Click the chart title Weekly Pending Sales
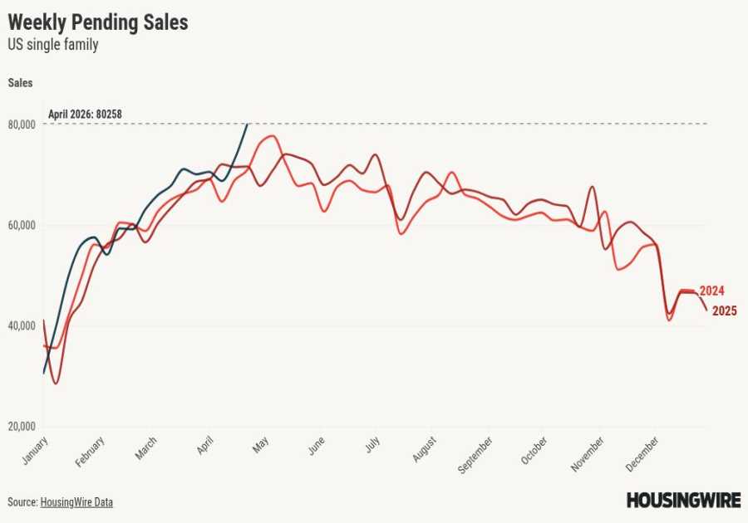click(x=98, y=22)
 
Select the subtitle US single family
click(x=53, y=45)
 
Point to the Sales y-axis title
click(x=21, y=82)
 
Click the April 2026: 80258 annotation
click(x=91, y=115)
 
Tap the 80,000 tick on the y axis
click(x=21, y=125)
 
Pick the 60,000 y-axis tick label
click(x=21, y=225)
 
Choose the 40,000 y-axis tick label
click(x=21, y=326)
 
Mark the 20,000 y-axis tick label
click(x=21, y=427)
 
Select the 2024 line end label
click(x=712, y=291)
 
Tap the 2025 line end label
click(x=723, y=311)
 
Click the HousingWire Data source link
click(x=76, y=502)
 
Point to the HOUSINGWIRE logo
click(x=682, y=501)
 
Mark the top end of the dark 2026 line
click(x=247, y=125)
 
